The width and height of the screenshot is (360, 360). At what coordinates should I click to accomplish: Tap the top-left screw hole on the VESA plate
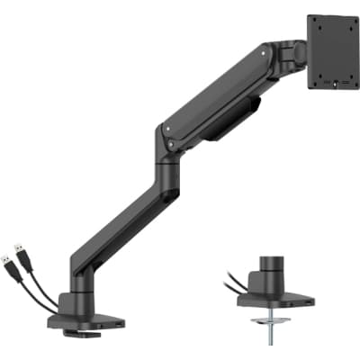[316, 22]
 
